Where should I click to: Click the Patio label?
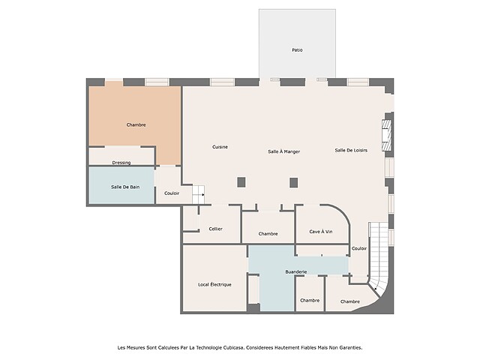[x=297, y=50]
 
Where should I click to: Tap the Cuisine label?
[x=220, y=147]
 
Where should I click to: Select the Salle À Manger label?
[x=283, y=151]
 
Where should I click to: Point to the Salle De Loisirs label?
[x=351, y=150]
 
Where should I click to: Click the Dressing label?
[x=121, y=163]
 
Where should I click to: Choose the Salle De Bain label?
[x=125, y=187]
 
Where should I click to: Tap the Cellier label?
[x=215, y=229]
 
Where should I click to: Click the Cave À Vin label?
[x=321, y=232]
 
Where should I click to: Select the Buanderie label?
[x=296, y=271]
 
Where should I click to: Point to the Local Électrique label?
[x=214, y=285]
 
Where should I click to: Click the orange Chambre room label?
[x=136, y=125]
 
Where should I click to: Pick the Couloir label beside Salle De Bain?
[x=172, y=193]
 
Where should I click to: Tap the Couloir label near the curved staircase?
[x=359, y=248]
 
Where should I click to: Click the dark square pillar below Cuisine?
[x=241, y=182]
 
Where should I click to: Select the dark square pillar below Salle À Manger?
[x=293, y=183]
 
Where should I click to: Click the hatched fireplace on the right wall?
[x=387, y=135]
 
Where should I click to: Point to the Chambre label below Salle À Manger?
[x=268, y=234]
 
